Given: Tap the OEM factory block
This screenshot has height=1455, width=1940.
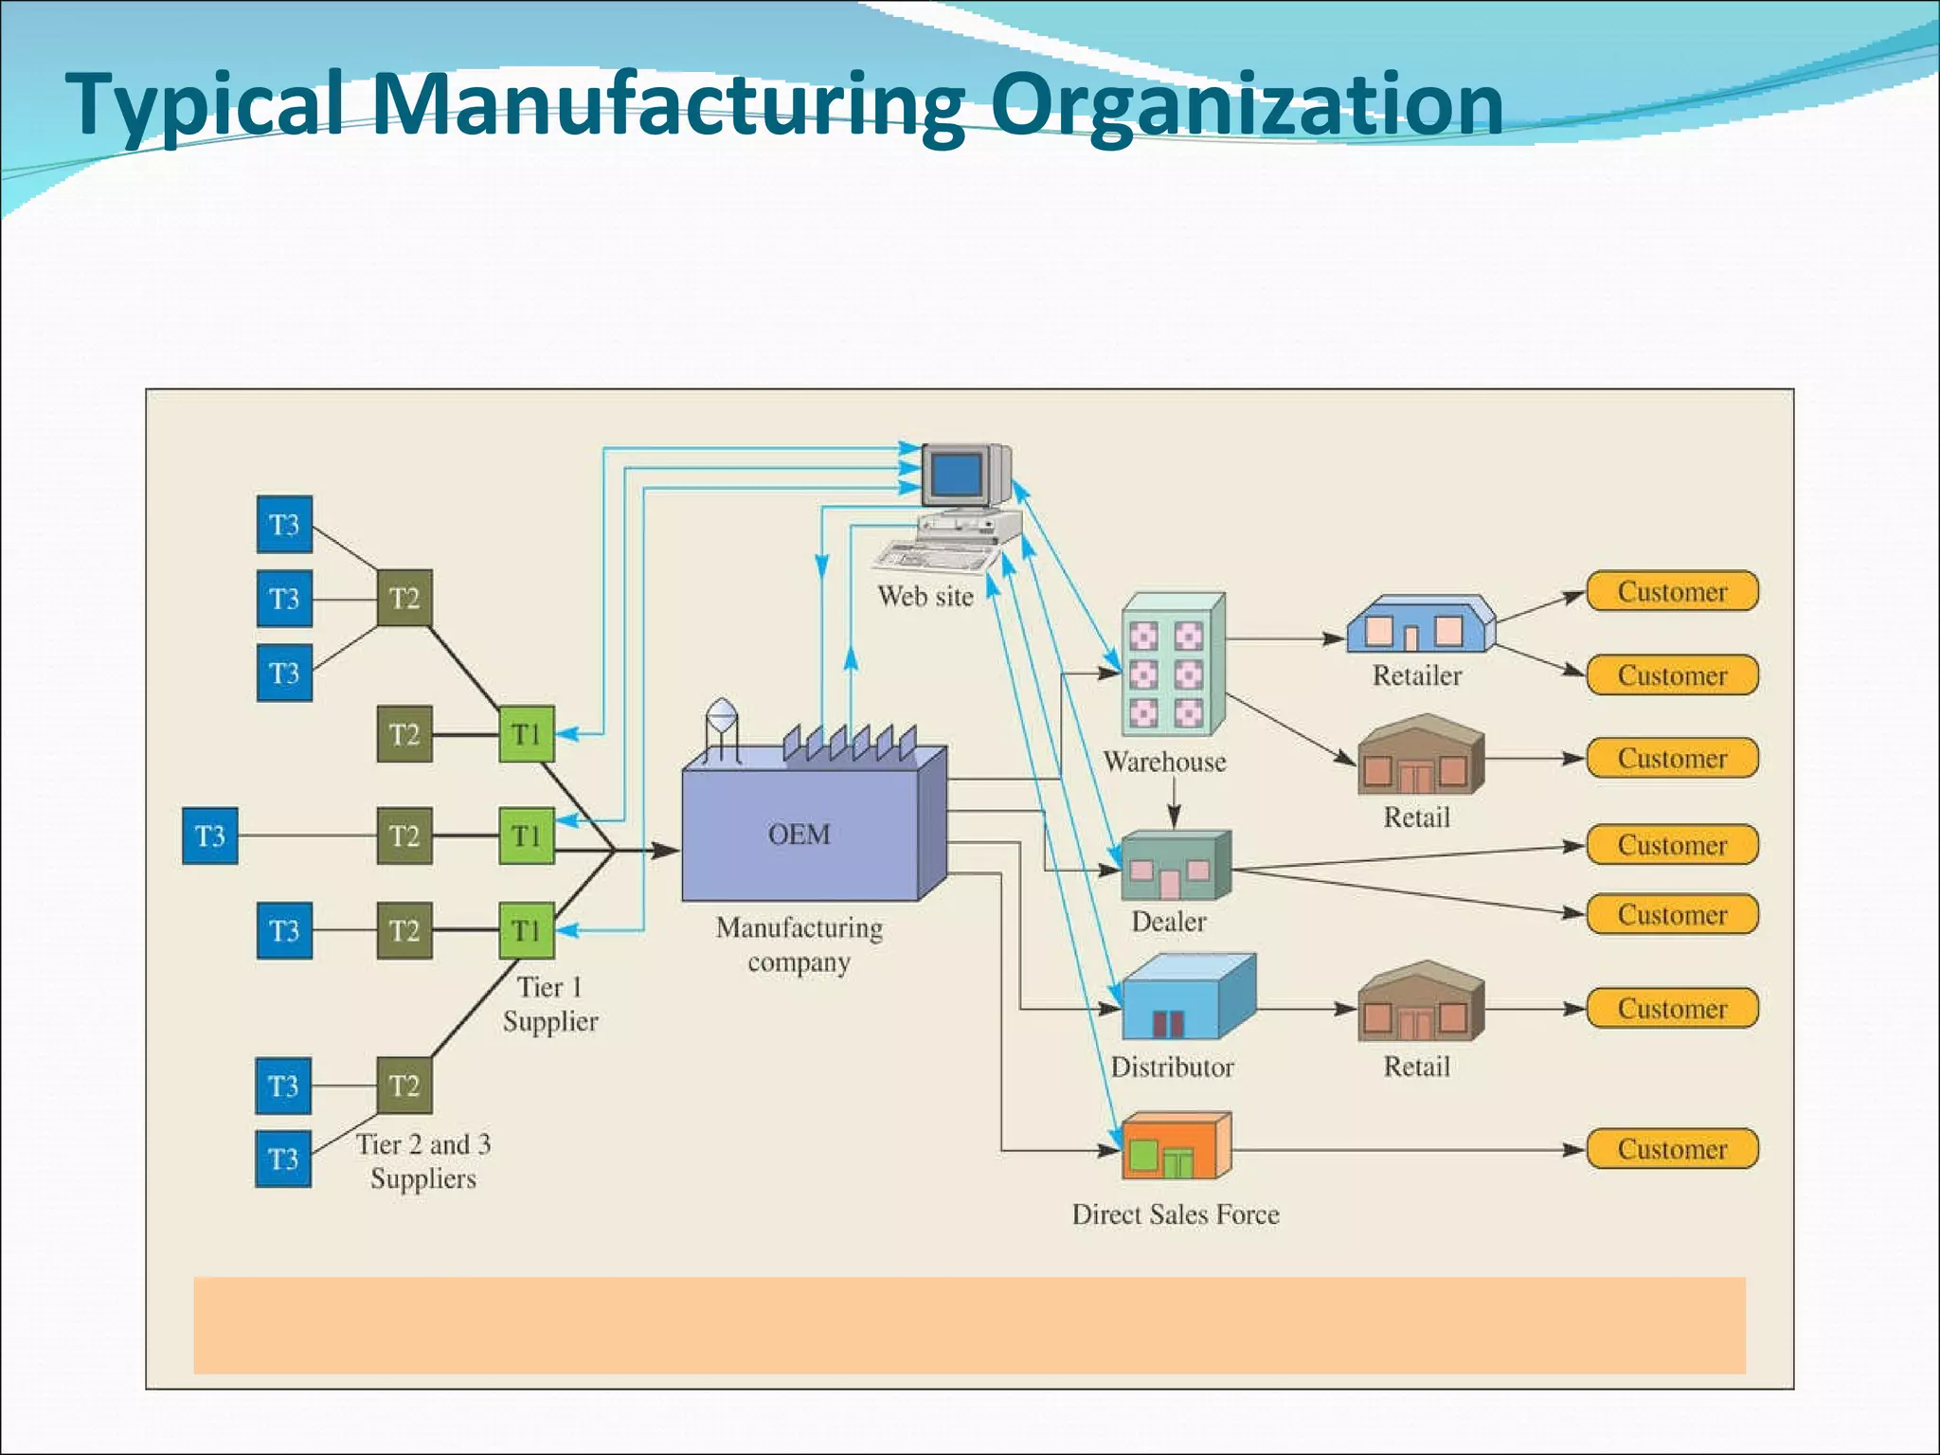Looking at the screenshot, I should pos(800,834).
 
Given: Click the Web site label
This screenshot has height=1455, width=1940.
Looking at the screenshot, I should pos(925,597).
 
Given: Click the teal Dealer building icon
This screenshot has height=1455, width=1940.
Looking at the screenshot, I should pos(1175,867).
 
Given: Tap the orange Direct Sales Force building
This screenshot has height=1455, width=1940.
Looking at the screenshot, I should pos(1175,1147).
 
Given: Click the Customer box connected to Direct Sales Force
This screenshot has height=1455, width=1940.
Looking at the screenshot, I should pos(1672,1149).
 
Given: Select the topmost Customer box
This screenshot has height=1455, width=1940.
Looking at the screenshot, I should pos(1672,592).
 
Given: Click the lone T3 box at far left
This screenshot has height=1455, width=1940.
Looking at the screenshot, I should pos(209,835).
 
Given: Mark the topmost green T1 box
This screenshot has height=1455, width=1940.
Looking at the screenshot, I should pos(526,734).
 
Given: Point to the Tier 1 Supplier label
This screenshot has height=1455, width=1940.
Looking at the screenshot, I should pos(550,1004).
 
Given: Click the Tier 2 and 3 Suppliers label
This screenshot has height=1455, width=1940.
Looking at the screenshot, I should pos(423,1161).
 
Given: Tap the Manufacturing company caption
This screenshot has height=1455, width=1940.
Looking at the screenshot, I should pos(799,944).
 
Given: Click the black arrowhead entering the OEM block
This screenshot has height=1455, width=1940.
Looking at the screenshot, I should pos(668,851).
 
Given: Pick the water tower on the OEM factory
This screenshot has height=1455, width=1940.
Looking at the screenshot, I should pos(722,727).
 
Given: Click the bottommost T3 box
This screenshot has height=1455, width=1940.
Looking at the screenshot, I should pos(283,1159).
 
